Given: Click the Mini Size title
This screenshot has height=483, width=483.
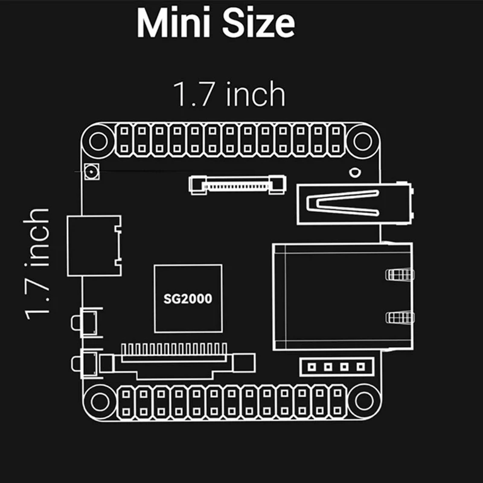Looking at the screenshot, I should coord(216,24).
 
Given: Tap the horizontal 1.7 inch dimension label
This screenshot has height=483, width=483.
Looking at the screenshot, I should coord(229,95).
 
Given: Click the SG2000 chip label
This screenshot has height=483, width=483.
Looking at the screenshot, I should coord(188,298).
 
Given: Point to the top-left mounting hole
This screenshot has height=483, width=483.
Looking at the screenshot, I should coord(97,141).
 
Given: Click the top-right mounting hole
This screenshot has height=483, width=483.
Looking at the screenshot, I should coord(362,141).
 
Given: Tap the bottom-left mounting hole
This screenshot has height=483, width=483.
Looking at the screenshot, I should coord(97,400).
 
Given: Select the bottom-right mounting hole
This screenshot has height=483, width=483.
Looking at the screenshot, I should coord(362,400).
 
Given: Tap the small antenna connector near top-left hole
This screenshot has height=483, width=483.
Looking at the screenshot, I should coord(92,172).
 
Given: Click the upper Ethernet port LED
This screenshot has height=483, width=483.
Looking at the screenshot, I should coord(399,275).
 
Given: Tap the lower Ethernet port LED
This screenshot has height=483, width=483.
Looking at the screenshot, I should coord(399,317).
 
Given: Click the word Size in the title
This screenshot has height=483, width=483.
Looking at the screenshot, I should coord(258,24).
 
